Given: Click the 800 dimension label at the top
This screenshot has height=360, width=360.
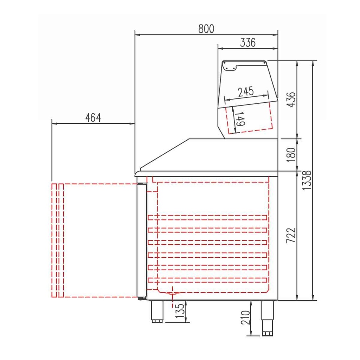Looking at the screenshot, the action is pos(206,29).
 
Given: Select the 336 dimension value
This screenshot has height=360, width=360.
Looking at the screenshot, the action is pos(248,43).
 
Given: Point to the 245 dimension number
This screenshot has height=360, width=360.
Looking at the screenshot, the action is pos(246,92).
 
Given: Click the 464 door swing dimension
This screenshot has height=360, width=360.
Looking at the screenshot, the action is pos(93,118).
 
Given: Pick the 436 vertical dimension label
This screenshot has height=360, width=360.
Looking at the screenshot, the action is pos(291,99).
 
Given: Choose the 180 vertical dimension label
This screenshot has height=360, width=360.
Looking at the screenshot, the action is pos(291,155).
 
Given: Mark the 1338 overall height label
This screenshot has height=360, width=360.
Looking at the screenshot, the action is pos(307,180).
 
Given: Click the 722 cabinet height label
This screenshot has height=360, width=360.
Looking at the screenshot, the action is pos(291,235).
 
